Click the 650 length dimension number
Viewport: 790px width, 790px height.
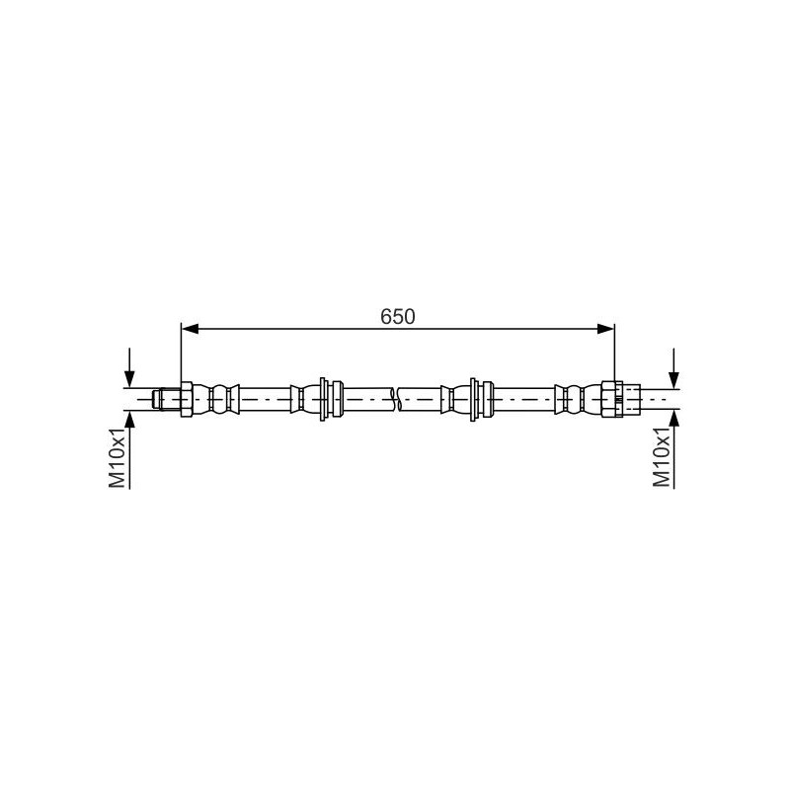398,316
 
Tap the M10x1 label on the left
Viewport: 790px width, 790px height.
117,458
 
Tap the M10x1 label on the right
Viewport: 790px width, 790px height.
662,458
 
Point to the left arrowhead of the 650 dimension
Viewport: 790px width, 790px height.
190,329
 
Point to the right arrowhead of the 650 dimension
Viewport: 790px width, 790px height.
605,329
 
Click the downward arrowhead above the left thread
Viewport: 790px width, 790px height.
129,379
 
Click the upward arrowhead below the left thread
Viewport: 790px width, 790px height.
129,419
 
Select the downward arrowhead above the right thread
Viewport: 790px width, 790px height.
673,379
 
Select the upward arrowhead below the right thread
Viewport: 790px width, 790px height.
673,419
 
